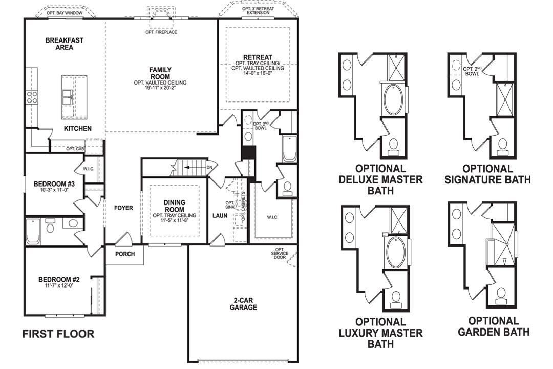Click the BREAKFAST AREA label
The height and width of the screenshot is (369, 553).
click(x=64, y=44)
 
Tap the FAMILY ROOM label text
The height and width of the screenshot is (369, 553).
click(x=160, y=73)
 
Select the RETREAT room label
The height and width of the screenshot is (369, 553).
click(x=258, y=57)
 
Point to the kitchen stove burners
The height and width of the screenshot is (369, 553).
click(x=31, y=97)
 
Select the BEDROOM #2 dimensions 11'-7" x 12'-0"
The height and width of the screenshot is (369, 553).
click(x=59, y=286)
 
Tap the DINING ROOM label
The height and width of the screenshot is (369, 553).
click(x=175, y=206)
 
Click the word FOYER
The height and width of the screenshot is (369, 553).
click(x=123, y=208)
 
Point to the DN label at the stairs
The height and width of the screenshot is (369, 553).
click(x=209, y=167)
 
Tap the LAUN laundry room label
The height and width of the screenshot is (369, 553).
click(x=220, y=216)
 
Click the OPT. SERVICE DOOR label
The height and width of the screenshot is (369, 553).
click(x=280, y=254)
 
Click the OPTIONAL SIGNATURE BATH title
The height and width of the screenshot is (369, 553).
click(x=487, y=174)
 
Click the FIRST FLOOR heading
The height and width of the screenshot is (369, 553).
click(x=58, y=334)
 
